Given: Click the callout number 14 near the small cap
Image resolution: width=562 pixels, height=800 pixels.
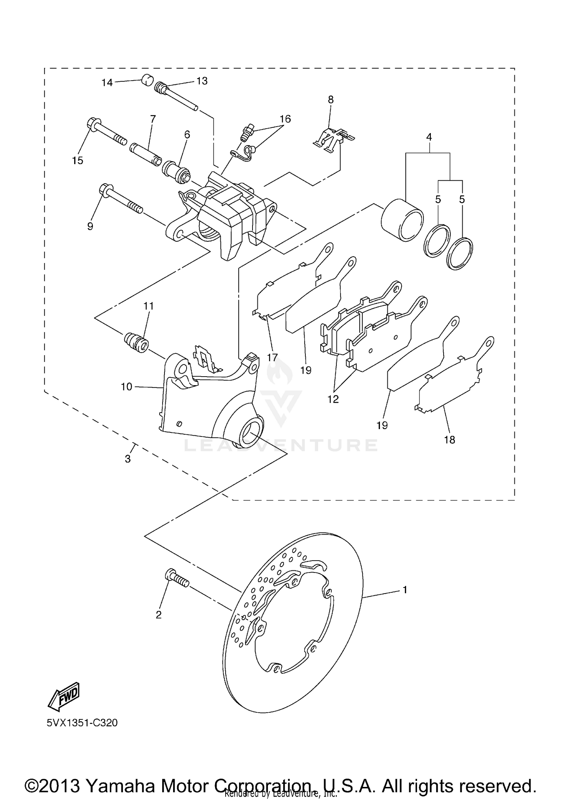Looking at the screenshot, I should coord(107,82).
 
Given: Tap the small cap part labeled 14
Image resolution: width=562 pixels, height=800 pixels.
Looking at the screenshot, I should coord(147,80).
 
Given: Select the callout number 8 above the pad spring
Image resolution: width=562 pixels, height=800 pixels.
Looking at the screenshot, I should coord(330,100).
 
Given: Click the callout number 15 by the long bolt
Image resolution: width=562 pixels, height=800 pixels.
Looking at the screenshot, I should coord(78,160).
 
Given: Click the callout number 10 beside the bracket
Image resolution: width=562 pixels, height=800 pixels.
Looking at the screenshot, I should coord(127,386).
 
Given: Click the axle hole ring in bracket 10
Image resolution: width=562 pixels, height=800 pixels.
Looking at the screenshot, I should coord(250,432).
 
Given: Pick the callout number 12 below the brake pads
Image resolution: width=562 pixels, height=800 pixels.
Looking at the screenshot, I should coord(333,399).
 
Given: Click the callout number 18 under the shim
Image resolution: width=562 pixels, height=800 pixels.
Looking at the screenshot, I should coord(450,440).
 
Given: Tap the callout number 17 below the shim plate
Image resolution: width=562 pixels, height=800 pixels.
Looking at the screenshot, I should coord(272,357).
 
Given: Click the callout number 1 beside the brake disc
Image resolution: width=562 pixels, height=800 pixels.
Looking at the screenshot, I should coord(405,590).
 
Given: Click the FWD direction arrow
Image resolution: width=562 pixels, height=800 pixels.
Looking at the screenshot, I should coord(64,696).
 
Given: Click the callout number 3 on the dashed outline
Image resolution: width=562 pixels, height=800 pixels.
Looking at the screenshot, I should coord(128,459).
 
